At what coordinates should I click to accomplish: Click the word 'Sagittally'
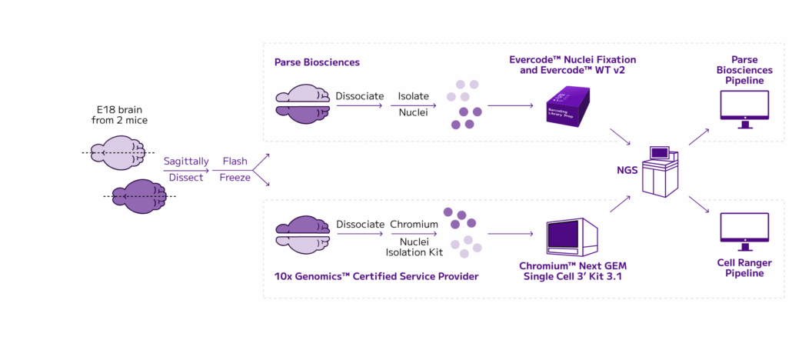click(x=185, y=162)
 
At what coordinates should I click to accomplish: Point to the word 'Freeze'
click(x=235, y=178)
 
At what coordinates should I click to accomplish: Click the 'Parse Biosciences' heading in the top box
click(x=317, y=62)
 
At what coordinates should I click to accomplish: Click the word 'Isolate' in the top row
click(x=413, y=97)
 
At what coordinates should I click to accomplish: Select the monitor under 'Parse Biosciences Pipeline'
click(x=742, y=107)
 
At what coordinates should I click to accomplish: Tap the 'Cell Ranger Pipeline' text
click(x=742, y=267)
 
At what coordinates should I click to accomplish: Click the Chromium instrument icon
click(x=572, y=238)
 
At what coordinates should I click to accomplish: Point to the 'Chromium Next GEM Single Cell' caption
click(x=572, y=271)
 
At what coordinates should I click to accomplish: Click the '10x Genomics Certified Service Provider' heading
click(x=377, y=275)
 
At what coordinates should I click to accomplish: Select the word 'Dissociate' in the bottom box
click(x=360, y=225)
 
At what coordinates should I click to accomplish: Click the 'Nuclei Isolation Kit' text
click(x=413, y=247)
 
